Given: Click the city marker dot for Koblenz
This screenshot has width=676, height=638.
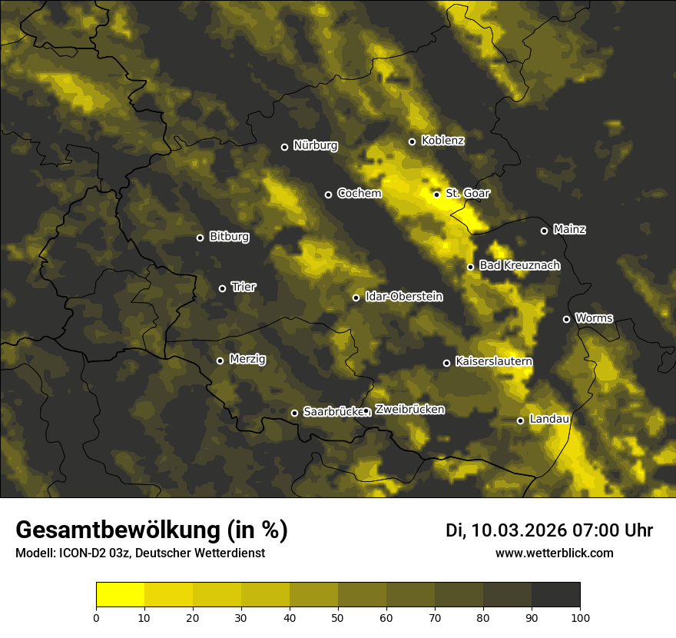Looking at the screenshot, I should tap(412, 141).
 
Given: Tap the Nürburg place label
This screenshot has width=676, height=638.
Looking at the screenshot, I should tap(315, 146).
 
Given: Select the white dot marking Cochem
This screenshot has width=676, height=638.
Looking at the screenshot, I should tap(328, 194).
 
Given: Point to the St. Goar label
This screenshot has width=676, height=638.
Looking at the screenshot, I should tap(467, 194).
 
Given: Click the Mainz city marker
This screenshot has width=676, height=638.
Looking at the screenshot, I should tap(544, 231).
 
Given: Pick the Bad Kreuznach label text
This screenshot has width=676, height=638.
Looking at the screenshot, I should tap(519, 265).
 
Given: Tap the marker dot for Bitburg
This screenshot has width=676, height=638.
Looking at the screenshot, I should tap(200, 238).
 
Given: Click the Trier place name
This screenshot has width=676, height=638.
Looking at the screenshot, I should tap(244, 287).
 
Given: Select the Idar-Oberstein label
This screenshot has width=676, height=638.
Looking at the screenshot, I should tap(403, 297).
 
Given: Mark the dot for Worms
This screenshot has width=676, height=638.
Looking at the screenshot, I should tap(566, 319).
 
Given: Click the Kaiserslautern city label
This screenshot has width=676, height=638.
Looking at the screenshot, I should tap(493, 361).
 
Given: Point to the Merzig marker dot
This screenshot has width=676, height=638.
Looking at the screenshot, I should tap(220, 361).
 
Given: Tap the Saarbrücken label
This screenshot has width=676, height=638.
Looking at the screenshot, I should tap(333, 412).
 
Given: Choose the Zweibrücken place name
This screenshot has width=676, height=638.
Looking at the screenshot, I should tap(409, 410).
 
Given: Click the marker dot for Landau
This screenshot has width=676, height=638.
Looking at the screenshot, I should tap(520, 420).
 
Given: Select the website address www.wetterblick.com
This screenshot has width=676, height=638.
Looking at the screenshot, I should tap(554, 553).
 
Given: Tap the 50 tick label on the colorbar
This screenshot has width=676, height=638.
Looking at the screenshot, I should tap(338, 617).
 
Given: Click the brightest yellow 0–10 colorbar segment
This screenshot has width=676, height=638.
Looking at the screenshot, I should tap(120, 595).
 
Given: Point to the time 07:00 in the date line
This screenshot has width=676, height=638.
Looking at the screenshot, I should tap(603, 530).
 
